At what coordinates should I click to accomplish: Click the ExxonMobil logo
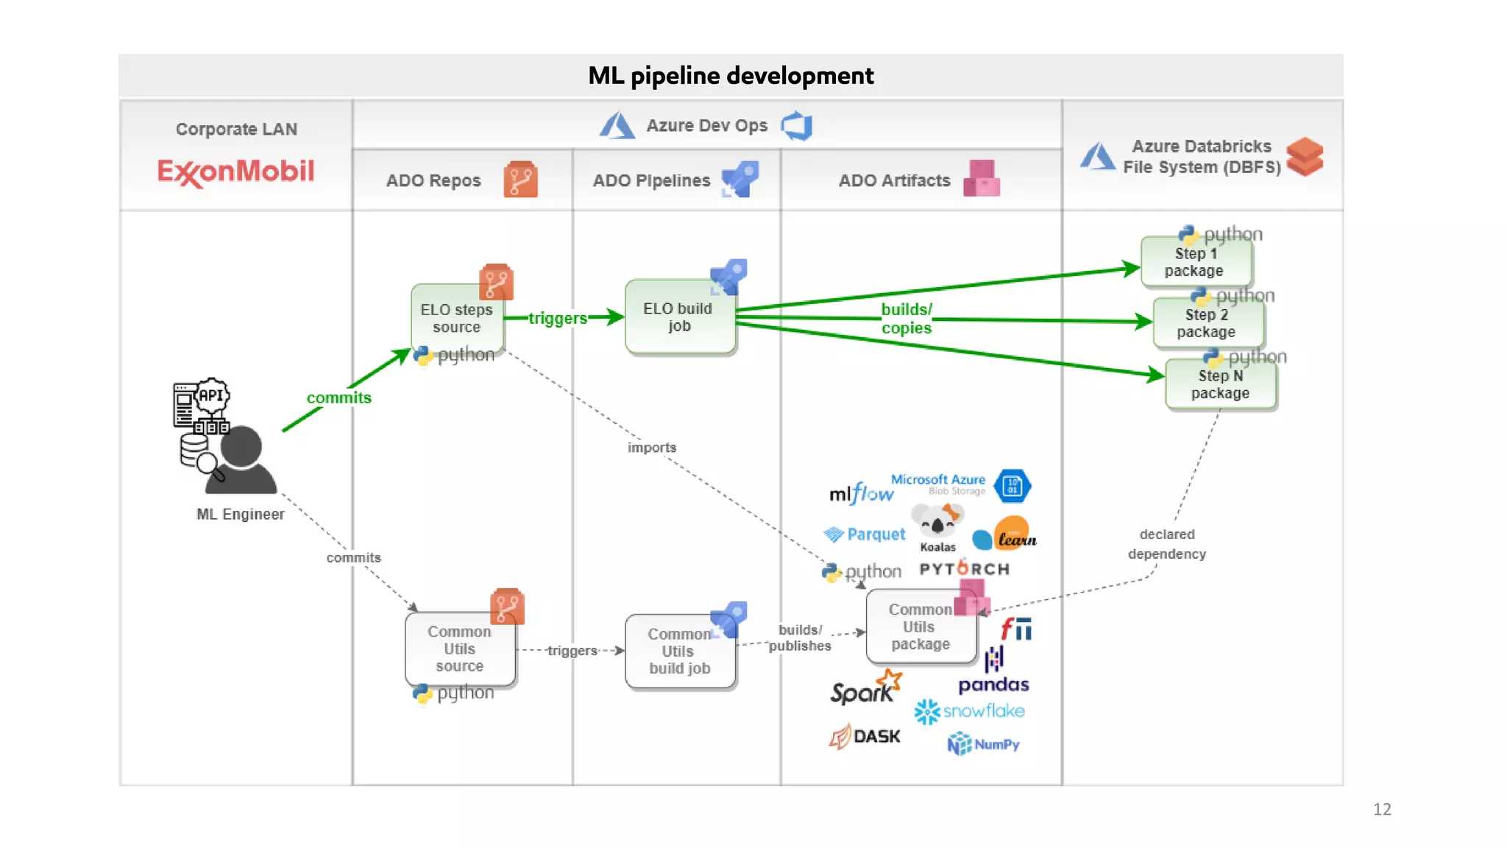pyautogui.click(x=235, y=172)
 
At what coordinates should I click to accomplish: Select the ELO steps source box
pyautogui.click(x=457, y=318)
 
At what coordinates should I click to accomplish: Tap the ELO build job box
pyautogui.click(x=678, y=317)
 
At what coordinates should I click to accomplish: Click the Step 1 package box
pyautogui.click(x=1195, y=262)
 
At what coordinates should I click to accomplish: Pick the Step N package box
pyautogui.click(x=1220, y=384)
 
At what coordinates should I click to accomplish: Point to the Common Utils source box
pyautogui.click(x=459, y=649)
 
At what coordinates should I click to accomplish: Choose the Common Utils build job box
pyautogui.click(x=678, y=651)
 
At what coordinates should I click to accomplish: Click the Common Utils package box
pyautogui.click(x=920, y=626)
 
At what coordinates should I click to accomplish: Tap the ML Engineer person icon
pyautogui.click(x=239, y=460)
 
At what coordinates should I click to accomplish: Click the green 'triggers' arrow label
pyautogui.click(x=557, y=318)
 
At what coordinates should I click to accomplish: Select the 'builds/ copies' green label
pyautogui.click(x=906, y=319)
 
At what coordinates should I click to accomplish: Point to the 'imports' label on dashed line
pyautogui.click(x=651, y=448)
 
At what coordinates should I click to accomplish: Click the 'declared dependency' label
pyautogui.click(x=1166, y=544)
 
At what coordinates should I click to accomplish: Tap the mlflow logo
pyautogui.click(x=861, y=493)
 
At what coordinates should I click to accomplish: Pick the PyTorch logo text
pyautogui.click(x=964, y=569)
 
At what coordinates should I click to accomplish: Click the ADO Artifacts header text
pyautogui.click(x=894, y=181)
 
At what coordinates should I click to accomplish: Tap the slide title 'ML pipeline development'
pyautogui.click(x=730, y=76)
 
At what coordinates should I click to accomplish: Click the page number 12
pyautogui.click(x=1381, y=809)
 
